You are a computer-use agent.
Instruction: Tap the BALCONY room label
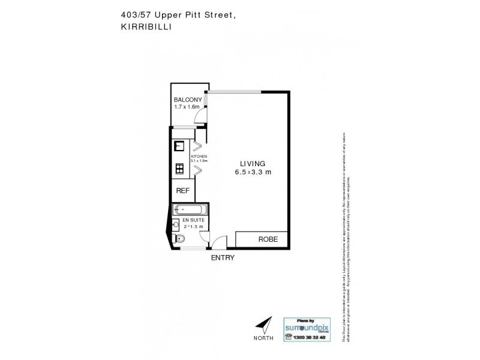[x=187, y=100]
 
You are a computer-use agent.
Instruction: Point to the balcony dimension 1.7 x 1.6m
[x=187, y=107]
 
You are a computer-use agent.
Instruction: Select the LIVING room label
[x=253, y=163]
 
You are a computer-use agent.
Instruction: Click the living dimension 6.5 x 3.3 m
[x=253, y=172]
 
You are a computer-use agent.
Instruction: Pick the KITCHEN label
[x=199, y=156]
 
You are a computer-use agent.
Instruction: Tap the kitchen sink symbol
[x=179, y=145]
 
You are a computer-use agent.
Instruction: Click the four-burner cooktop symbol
[x=179, y=169]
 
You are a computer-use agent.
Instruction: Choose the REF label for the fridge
[x=182, y=191]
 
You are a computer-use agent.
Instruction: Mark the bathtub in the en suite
[x=189, y=209]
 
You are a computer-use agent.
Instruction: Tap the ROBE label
[x=268, y=239]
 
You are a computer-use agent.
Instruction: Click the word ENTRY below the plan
[x=222, y=258]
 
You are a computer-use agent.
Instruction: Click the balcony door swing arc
[x=203, y=115]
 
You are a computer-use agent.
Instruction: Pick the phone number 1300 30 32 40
[x=311, y=338]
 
